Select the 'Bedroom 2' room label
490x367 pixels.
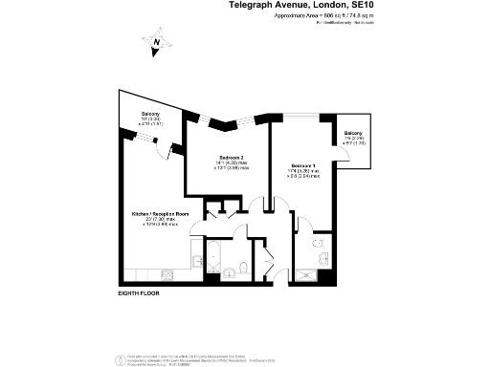pyautogui.click(x=232, y=157)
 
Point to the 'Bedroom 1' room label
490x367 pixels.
pyautogui.click(x=302, y=166)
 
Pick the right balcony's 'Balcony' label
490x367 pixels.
pyautogui.click(x=353, y=133)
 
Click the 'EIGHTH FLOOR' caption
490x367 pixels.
pyautogui.click(x=138, y=291)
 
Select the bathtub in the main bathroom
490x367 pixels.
pyautogui.click(x=212, y=255)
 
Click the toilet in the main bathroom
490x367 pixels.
pyautogui.click(x=243, y=269)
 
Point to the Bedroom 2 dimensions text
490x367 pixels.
pyautogui.click(x=232, y=165)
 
